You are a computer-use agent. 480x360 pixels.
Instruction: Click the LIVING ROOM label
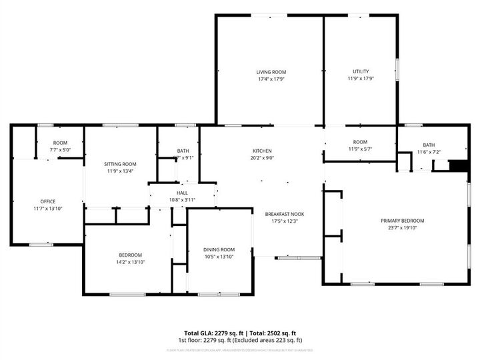pyautogui.click(x=271, y=71)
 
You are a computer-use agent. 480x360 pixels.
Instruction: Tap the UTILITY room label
pyautogui.click(x=361, y=71)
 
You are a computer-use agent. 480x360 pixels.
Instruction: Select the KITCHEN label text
pyautogui.click(x=261, y=151)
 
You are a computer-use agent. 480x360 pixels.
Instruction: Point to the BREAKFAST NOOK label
pyautogui.click(x=284, y=214)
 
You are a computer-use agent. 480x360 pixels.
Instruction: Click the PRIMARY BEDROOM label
pyautogui.click(x=402, y=221)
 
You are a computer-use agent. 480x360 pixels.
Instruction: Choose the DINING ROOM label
pyautogui.click(x=219, y=249)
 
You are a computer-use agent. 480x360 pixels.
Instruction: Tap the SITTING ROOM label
pyautogui.click(x=120, y=164)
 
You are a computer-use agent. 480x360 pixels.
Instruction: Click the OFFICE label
pyautogui.click(x=47, y=201)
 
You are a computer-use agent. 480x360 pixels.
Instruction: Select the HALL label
pyautogui.click(x=182, y=193)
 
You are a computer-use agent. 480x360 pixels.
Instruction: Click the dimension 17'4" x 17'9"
pyautogui.click(x=271, y=79)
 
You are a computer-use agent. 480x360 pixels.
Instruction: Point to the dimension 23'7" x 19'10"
pyautogui.click(x=402, y=228)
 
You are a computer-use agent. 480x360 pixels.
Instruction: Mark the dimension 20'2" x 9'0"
pyautogui.click(x=261, y=158)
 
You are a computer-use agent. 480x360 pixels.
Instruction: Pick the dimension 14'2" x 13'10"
pyautogui.click(x=130, y=262)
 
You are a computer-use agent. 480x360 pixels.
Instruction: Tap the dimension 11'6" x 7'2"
pyautogui.click(x=428, y=153)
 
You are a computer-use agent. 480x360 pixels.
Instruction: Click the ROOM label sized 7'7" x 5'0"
pyautogui.click(x=60, y=143)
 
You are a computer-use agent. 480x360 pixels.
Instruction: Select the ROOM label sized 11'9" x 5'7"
pyautogui.click(x=361, y=142)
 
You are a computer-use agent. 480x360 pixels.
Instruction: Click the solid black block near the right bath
pyautogui.click(x=457, y=165)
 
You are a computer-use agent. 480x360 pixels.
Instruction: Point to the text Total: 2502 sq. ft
pyautogui.click(x=272, y=333)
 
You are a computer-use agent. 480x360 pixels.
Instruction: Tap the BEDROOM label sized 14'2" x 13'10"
pyautogui.click(x=130, y=255)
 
